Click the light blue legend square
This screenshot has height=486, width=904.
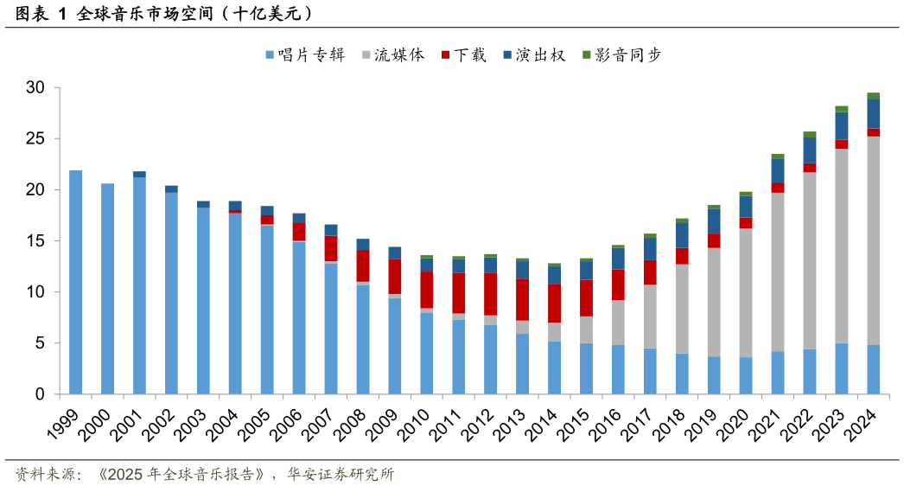click(270, 54)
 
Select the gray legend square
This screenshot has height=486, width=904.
click(366, 54)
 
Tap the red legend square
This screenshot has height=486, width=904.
click(446, 54)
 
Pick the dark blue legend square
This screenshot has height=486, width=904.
click(507, 54)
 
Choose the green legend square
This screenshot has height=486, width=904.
click(587, 54)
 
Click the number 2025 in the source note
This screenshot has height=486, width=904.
click(125, 474)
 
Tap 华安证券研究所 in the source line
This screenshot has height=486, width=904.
click(341, 474)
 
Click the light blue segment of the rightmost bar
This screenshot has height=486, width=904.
click(874, 369)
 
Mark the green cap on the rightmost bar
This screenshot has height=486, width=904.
click(874, 95)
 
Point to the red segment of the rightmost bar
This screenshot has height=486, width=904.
click(874, 132)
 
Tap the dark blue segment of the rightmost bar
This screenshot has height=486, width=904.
click(874, 113)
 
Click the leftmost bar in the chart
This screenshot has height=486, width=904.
click(76, 282)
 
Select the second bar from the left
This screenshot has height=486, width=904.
click(108, 289)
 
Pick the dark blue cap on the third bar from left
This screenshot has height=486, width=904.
click(140, 174)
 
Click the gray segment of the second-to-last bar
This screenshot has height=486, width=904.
click(842, 246)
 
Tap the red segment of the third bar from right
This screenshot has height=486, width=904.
click(810, 168)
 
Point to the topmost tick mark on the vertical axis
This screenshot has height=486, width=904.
click(58, 87)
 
